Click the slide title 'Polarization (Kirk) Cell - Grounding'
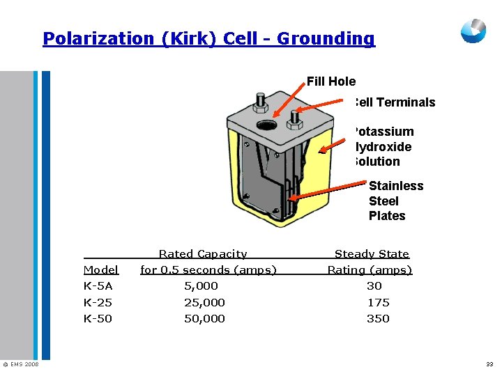208,38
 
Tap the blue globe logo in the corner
473,31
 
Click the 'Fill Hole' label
331,81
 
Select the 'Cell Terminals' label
395,102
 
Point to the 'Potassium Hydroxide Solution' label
383,146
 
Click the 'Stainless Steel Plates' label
395,201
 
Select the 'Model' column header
100,270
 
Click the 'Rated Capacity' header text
203,254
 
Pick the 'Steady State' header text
372,254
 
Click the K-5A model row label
98,286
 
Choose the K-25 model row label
98,303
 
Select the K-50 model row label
98,319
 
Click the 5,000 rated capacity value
201,286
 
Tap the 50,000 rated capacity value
204,319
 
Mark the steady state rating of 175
378,303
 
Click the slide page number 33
489,364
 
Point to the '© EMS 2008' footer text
20,364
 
